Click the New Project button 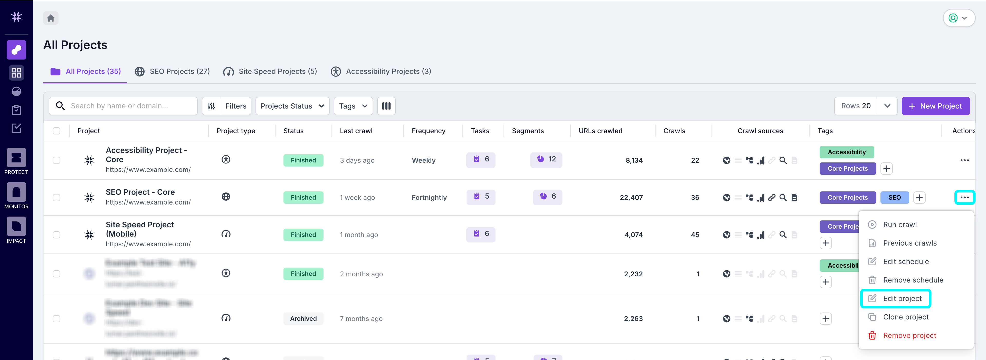(x=935, y=106)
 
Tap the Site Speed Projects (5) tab (x=270, y=72)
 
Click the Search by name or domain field (x=126, y=106)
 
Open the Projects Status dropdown (x=292, y=106)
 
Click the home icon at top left (x=51, y=18)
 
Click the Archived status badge (x=303, y=319)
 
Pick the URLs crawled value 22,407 (x=631, y=197)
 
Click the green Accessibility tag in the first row (x=846, y=152)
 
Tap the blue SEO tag (x=894, y=197)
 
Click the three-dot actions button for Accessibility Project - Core (x=964, y=160)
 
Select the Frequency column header (x=428, y=131)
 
